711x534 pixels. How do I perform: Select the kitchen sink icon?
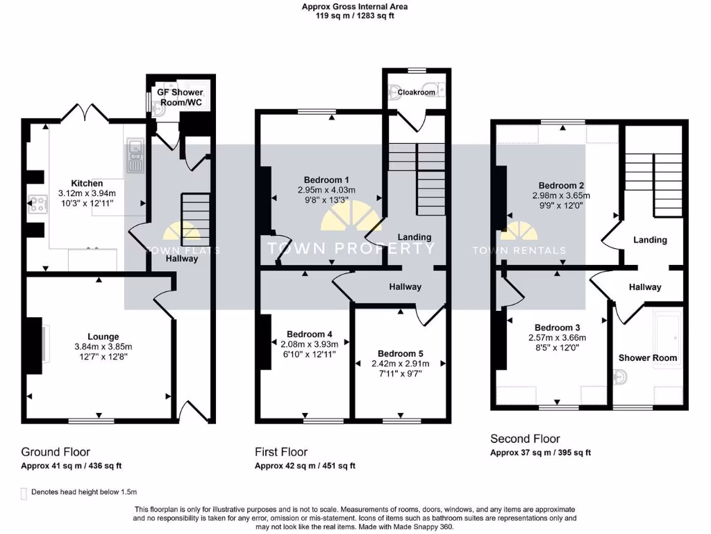(x=134, y=156)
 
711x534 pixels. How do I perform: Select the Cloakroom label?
(x=417, y=92)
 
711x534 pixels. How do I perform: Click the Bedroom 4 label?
(x=306, y=333)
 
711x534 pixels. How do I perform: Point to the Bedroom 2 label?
(x=562, y=186)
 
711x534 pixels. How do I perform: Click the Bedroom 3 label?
(x=557, y=327)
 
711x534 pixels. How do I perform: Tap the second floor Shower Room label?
(x=647, y=357)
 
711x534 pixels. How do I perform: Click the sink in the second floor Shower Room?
(x=622, y=378)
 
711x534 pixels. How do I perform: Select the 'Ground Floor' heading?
(x=56, y=452)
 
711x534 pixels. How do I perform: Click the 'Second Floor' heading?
(x=525, y=439)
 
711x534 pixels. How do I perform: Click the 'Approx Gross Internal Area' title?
(x=354, y=6)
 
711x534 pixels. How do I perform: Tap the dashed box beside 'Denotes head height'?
(x=25, y=492)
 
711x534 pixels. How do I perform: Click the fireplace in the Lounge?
(x=36, y=343)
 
